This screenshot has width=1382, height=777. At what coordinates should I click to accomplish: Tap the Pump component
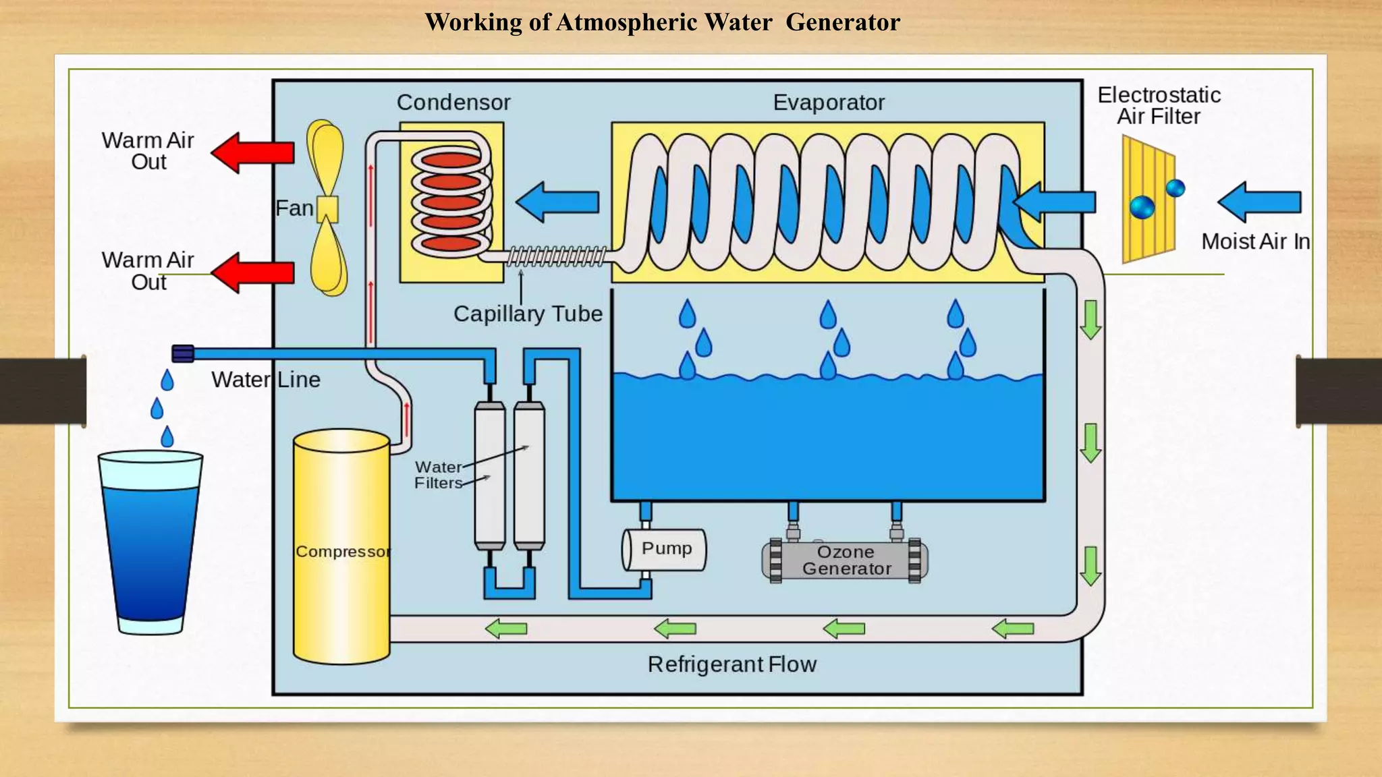665,549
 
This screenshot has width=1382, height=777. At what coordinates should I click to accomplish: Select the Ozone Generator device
845,560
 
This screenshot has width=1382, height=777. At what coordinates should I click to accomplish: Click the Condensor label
453,103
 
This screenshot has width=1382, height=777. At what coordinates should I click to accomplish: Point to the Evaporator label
828,103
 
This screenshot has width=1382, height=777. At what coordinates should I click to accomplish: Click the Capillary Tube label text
528,314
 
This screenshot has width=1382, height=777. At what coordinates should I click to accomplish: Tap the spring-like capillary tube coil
557,256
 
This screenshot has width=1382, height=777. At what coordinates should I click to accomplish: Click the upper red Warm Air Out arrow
254,153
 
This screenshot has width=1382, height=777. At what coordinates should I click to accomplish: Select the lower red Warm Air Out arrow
254,272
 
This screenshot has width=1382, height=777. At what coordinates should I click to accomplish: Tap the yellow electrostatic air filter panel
1147,199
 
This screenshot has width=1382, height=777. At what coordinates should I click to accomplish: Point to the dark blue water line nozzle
183,353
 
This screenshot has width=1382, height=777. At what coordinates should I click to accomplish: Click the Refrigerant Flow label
731,664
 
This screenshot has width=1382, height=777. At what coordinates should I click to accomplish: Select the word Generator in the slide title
842,22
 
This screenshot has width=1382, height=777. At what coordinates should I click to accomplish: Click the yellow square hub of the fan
328,208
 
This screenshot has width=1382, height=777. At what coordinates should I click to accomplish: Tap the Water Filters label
438,475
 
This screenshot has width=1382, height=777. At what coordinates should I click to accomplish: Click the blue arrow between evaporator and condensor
558,202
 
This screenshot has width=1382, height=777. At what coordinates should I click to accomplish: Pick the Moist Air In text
1255,241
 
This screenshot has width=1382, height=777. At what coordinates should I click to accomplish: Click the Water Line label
265,380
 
